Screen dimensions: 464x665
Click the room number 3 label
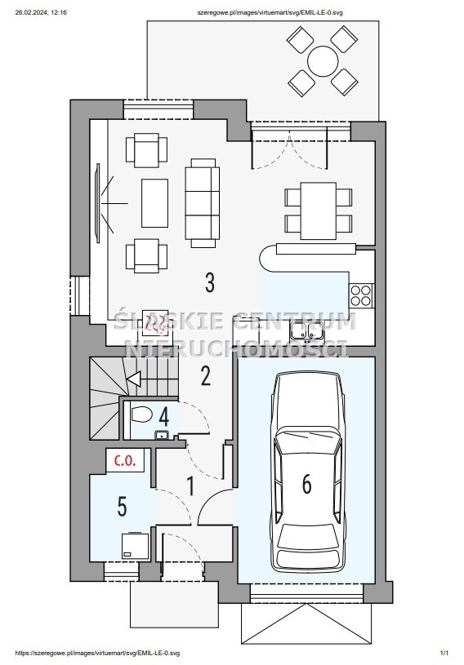(210, 282)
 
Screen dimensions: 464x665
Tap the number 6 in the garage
(307, 484)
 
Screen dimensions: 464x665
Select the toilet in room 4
(141, 415)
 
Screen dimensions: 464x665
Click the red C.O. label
(126, 460)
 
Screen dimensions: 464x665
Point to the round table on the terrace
(323, 61)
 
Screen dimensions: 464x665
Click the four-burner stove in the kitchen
(361, 295)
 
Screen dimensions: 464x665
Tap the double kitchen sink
(306, 330)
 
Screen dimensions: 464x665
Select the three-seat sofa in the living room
(203, 202)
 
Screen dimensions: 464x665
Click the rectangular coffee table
(154, 203)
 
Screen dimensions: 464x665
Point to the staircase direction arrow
(134, 379)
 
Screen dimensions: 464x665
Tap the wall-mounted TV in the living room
(98, 203)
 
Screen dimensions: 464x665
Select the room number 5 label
(123, 507)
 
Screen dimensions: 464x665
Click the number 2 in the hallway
(206, 376)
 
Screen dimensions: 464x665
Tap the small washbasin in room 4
(161, 435)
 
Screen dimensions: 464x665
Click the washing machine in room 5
(136, 546)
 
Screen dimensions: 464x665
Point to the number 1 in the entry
(191, 486)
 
